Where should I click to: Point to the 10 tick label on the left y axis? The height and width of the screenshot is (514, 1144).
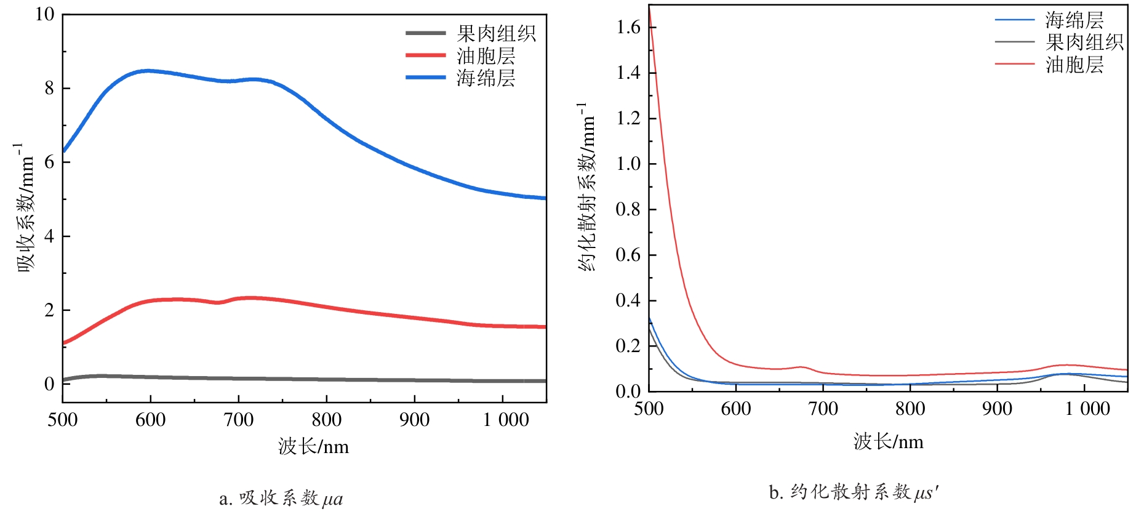(x=44, y=14)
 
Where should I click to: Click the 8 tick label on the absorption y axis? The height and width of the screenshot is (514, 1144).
(x=49, y=88)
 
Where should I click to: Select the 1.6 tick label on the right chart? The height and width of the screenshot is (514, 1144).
(x=628, y=27)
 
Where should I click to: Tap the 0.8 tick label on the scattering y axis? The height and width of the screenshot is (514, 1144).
(x=628, y=209)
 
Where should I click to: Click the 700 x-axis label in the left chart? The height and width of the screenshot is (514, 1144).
(x=238, y=420)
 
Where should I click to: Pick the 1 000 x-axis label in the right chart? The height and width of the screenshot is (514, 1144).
(x=1087, y=409)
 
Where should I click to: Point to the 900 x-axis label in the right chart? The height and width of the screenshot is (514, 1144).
(x=997, y=409)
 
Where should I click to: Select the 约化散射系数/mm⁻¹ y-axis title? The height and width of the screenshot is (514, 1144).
(x=586, y=188)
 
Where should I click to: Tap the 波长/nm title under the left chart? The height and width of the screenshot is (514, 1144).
(x=313, y=446)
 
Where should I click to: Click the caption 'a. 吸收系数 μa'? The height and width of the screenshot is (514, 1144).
(x=281, y=498)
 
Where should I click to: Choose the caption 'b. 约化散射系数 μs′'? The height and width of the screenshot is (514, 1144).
(x=854, y=492)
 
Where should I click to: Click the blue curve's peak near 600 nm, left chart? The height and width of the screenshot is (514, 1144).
(x=148, y=71)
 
